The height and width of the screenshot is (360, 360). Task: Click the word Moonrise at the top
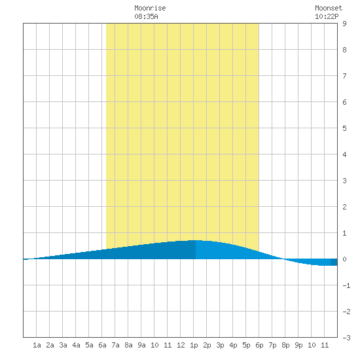pyautogui.click(x=150, y=8)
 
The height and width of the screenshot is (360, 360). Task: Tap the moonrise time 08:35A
pyautogui.click(x=146, y=16)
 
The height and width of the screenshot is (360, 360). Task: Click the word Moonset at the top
pyautogui.click(x=329, y=8)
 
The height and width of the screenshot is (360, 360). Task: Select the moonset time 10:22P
pyautogui.click(x=327, y=16)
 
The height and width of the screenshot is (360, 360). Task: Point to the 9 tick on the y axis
pyautogui.click(x=344, y=24)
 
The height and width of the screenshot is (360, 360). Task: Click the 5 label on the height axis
pyautogui.click(x=344, y=128)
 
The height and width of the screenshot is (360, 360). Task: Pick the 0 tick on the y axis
pyautogui.click(x=344, y=259)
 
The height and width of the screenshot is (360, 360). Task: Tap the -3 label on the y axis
pyautogui.click(x=346, y=338)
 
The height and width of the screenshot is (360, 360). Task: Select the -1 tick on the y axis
pyautogui.click(x=346, y=285)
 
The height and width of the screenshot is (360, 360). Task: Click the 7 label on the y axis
pyautogui.click(x=344, y=76)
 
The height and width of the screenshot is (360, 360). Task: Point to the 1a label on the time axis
pyautogui.click(x=37, y=345)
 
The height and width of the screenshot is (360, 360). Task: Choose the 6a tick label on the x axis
pyautogui.click(x=102, y=345)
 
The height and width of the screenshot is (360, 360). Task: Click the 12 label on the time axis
pyautogui.click(x=181, y=345)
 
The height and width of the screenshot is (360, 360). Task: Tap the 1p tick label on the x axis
pyautogui.click(x=194, y=345)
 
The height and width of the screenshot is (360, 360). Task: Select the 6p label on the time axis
pyautogui.click(x=259, y=345)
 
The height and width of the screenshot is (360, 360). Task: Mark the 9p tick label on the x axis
pyautogui.click(x=298, y=345)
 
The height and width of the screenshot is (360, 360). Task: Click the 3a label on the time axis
pyautogui.click(x=63, y=345)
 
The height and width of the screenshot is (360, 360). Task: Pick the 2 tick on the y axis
pyautogui.click(x=344, y=207)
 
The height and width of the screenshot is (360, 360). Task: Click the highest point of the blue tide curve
pyautogui.click(x=196, y=240)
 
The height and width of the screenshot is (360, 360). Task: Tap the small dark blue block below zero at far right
pyautogui.click(x=334, y=262)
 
